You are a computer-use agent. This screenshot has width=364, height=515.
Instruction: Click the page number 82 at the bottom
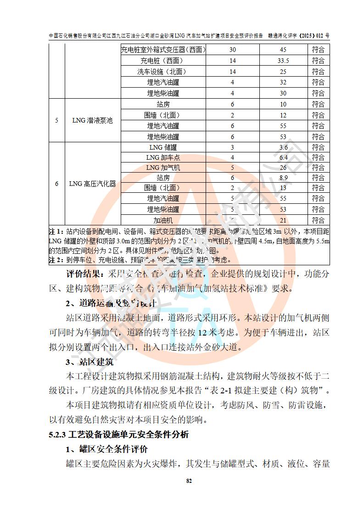pyautogui.click(x=188, y=481)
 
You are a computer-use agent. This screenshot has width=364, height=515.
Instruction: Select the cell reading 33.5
pyautogui.click(x=283, y=61)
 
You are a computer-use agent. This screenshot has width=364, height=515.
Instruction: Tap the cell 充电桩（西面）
pyautogui.click(x=163, y=61)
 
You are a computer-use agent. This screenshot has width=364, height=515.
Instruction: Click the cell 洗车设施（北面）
pyautogui.click(x=163, y=72)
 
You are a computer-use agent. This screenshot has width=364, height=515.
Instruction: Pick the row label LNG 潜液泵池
pyautogui.click(x=93, y=121)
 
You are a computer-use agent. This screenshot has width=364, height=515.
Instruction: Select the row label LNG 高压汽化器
pyautogui.click(x=93, y=184)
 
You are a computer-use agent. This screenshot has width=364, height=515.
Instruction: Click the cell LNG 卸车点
pyautogui.click(x=163, y=157)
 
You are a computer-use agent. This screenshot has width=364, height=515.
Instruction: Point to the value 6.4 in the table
pyautogui.click(x=283, y=157)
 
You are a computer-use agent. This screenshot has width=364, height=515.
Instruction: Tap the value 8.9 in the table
pyautogui.click(x=283, y=178)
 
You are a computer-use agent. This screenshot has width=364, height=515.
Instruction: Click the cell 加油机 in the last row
pyautogui.click(x=163, y=221)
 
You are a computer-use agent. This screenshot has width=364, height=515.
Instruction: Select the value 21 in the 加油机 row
pyautogui.click(x=283, y=221)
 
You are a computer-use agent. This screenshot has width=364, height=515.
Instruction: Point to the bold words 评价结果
pyautogui.click(x=84, y=275)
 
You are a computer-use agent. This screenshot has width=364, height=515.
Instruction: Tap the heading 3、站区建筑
pyautogui.click(x=89, y=362)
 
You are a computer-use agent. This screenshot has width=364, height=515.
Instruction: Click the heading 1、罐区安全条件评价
pyautogui.click(x=106, y=449)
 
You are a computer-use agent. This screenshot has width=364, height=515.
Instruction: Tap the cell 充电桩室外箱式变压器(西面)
pyautogui.click(x=163, y=50)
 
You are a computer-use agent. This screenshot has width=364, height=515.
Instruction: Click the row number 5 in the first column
pyautogui.click(x=56, y=121)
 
